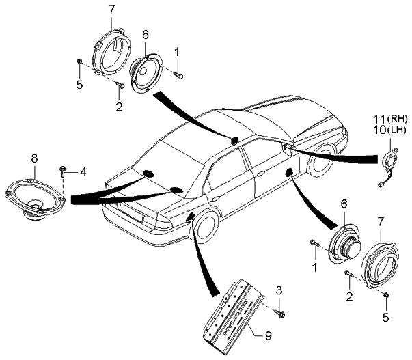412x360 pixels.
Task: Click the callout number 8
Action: coord(34,158)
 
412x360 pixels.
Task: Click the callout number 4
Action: coord(83,172)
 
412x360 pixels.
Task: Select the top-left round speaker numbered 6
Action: coord(146,70)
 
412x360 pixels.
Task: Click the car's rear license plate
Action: coord(134,219)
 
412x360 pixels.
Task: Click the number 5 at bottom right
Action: coord(387,317)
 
